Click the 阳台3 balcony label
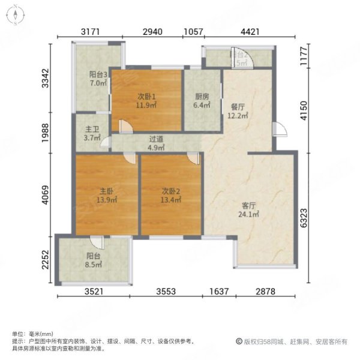coord(98,75)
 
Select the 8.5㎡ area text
coord(92,271)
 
